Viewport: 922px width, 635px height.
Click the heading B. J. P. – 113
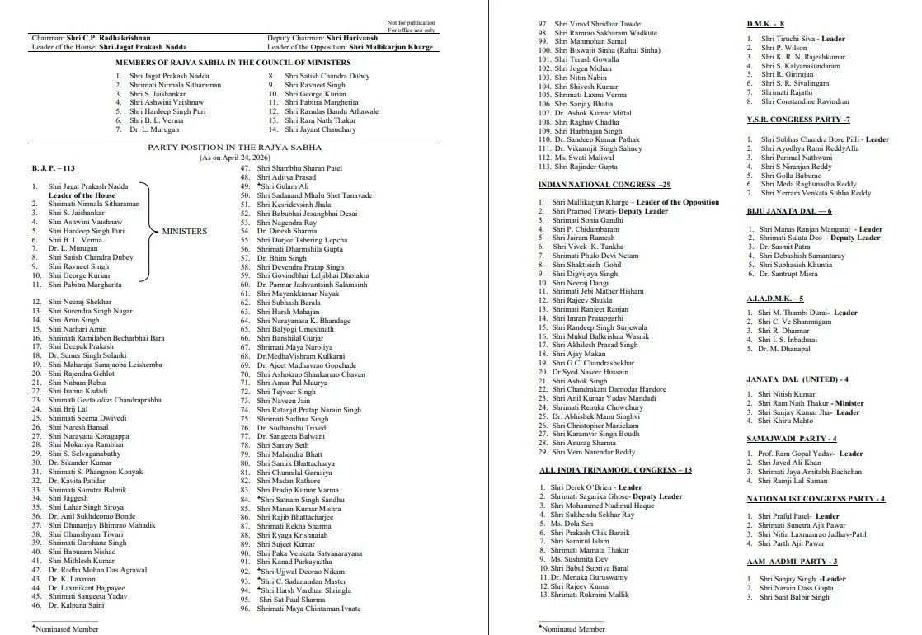click(x=53, y=169)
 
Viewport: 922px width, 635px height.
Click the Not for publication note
click(x=411, y=22)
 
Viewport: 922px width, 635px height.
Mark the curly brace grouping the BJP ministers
click(x=146, y=232)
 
